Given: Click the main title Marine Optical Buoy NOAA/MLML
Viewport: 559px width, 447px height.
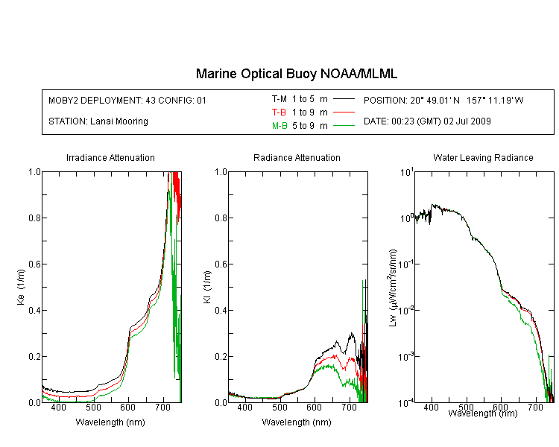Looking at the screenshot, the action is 296,74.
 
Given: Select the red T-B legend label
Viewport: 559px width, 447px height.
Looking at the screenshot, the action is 279,112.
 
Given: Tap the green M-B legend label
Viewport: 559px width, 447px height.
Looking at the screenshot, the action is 279,126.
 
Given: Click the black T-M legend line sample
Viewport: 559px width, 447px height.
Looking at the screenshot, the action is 344,99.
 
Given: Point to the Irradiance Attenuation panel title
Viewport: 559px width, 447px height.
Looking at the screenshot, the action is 110,157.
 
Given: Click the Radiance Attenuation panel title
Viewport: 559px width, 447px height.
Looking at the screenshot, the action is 297,157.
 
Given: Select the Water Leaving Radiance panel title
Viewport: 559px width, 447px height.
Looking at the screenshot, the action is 483,157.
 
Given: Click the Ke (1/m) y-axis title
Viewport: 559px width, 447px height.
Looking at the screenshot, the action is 21,287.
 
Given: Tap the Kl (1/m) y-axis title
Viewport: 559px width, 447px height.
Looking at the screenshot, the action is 207,287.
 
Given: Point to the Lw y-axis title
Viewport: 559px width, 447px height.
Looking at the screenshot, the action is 393,288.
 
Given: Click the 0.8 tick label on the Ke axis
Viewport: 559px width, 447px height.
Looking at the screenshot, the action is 34,218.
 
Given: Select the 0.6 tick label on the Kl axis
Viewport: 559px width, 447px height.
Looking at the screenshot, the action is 221,264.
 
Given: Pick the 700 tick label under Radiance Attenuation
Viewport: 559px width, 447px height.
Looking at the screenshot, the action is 349,407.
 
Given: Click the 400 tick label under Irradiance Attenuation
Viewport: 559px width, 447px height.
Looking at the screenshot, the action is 58,407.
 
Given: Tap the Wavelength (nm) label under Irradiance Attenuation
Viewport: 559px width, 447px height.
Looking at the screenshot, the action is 110,422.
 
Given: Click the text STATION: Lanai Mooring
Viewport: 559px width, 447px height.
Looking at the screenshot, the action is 98,121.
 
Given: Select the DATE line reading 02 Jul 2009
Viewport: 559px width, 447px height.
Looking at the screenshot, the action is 427,121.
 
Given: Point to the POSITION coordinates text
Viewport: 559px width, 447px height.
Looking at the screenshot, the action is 443,100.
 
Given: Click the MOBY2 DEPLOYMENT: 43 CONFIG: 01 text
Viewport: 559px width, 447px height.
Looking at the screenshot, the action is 127,100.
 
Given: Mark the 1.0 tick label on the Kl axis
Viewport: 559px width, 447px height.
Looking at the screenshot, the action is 221,172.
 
